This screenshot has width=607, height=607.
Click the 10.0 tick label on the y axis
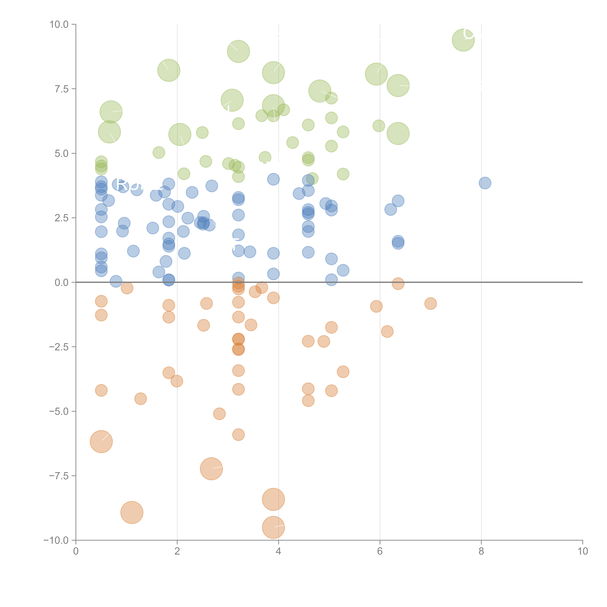click(59, 25)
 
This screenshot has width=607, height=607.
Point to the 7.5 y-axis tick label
click(62, 89)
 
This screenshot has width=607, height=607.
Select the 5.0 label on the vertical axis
click(62, 153)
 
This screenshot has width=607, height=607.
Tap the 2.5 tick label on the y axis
click(62, 218)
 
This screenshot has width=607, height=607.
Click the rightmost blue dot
click(485, 183)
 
